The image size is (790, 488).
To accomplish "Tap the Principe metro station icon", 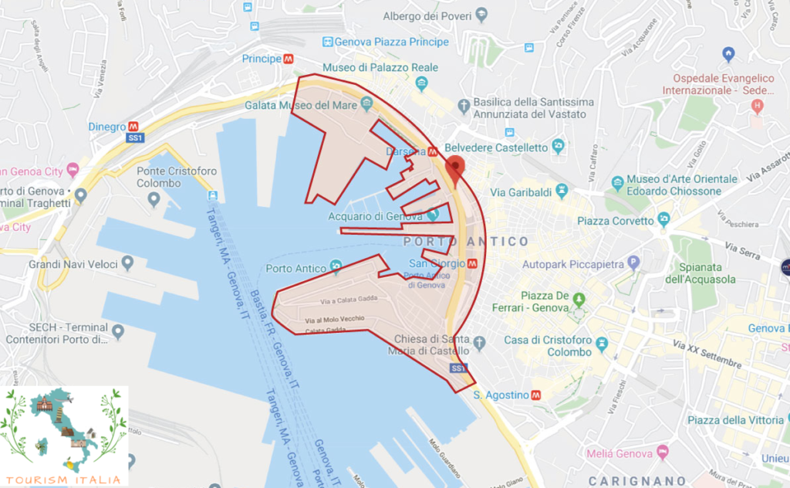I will click(288, 58).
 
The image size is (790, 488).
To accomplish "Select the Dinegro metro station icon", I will click(133, 127).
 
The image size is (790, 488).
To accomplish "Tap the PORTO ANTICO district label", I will click(467, 242).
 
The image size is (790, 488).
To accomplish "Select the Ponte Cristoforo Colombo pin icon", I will click(154, 200).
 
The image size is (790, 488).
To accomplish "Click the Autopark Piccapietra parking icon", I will click(634, 263).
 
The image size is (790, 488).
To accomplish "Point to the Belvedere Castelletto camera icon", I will click(558, 147).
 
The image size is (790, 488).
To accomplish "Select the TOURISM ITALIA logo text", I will click(64, 479).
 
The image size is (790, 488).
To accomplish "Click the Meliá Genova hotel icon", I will click(661, 452).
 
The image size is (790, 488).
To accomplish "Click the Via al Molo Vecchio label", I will click(334, 318).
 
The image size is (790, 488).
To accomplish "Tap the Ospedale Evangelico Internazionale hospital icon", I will click(757, 105).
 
